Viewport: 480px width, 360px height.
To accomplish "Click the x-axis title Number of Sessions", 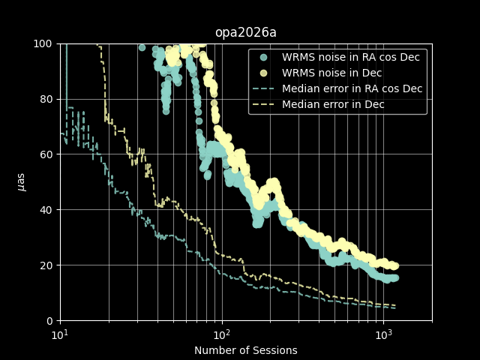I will click(245, 350).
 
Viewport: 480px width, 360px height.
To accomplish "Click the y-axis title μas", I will click(21, 182).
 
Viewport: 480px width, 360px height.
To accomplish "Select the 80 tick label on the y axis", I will click(47, 99).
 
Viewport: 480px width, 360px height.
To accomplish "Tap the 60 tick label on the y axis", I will click(47, 154).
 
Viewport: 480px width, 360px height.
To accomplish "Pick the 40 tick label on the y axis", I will click(47, 210).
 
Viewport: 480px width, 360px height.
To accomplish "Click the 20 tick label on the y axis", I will click(47, 265).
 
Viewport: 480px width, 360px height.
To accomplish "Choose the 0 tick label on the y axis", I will click(50, 321).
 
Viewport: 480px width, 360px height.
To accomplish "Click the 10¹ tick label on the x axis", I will click(60, 334).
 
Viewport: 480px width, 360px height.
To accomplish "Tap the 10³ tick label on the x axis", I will click(383, 334).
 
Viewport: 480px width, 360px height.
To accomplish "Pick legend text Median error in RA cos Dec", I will click(352, 88).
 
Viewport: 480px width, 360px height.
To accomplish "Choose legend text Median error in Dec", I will click(333, 104).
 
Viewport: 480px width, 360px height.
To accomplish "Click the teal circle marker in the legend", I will click(263, 57).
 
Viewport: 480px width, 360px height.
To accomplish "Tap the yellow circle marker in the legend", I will click(263, 73).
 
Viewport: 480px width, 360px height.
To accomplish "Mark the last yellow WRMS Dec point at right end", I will click(394, 265).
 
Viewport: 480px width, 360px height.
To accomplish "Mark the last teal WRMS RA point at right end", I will click(394, 277).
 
